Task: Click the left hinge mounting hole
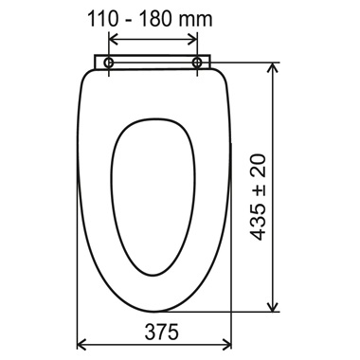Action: pyautogui.click(x=109, y=63)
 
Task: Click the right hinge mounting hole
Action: pyautogui.click(x=197, y=63)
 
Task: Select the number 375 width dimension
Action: pyautogui.click(x=161, y=332)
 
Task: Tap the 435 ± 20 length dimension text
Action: pyautogui.click(x=258, y=197)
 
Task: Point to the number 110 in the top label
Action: pyautogui.click(x=103, y=19)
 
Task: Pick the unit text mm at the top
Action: pyautogui.click(x=195, y=21)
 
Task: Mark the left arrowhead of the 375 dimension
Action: pyautogui.click(x=81, y=344)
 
